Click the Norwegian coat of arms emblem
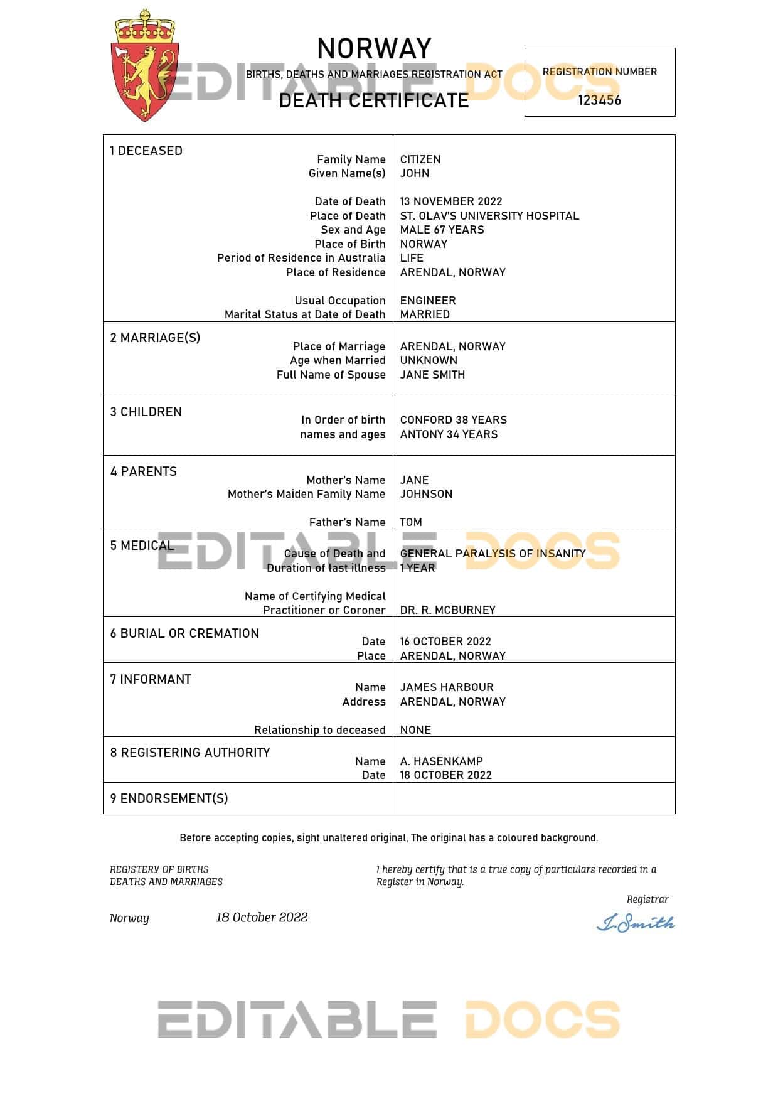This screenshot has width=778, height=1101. point(144,67)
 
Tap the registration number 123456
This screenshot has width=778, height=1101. point(599,100)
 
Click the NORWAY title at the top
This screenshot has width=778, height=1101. point(374,48)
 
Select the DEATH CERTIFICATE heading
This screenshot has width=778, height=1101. point(374,100)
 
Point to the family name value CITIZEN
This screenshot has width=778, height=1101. point(420,159)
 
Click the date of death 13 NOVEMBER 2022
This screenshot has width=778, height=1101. point(451,201)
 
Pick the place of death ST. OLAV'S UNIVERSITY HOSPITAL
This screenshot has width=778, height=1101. point(489,216)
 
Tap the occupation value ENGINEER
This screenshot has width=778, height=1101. point(428,301)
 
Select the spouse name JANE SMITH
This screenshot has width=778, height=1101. point(432,375)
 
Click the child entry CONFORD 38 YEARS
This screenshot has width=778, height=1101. point(453,420)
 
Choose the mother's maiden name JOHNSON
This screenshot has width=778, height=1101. point(426,494)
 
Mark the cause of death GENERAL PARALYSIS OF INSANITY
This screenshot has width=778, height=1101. point(493,554)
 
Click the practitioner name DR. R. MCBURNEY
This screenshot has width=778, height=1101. point(447,610)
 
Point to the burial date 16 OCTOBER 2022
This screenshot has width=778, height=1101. point(445,642)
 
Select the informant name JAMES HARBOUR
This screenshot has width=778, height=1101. point(447,687)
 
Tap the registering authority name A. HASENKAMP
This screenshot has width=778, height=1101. point(441,761)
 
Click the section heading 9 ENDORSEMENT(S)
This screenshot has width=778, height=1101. point(169,798)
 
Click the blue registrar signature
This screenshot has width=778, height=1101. point(635,923)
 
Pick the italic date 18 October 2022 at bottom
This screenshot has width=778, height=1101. point(262,918)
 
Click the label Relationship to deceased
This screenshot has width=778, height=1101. point(319,730)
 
